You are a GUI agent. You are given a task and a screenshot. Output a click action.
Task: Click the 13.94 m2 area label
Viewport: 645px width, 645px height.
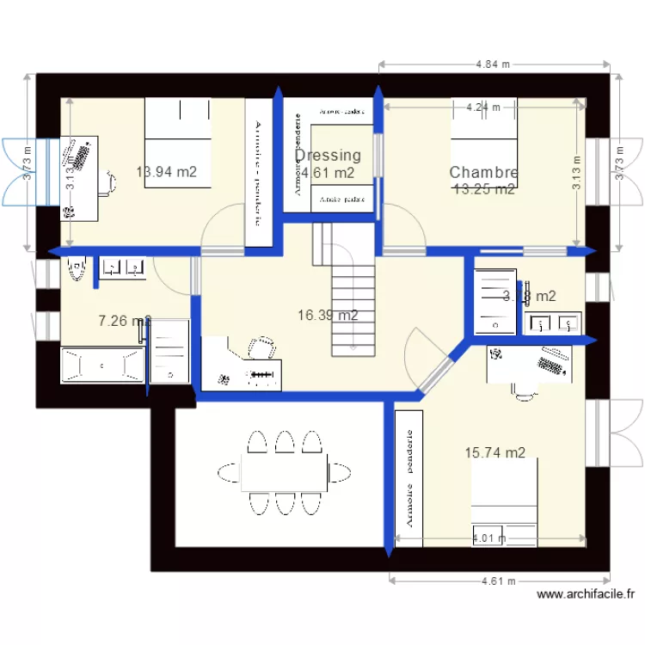click(x=166, y=172)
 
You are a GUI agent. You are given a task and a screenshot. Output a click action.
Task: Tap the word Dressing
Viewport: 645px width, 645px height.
click(x=328, y=156)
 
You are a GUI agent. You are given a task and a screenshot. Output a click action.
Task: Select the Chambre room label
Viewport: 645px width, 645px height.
click(x=483, y=173)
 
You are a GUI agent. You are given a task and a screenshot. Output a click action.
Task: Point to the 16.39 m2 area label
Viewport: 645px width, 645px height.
click(x=328, y=316)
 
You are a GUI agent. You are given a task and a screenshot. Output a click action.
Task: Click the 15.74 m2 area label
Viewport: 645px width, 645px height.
click(x=494, y=452)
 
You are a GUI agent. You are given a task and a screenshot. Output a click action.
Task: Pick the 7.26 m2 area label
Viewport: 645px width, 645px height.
click(x=124, y=322)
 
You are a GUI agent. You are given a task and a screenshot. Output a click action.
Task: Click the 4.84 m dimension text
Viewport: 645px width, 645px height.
click(x=493, y=64)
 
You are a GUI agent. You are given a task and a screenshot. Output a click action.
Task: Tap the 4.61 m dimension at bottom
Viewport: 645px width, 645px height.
click(x=499, y=580)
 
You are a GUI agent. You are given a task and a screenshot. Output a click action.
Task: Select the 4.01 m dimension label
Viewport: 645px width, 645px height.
click(x=489, y=539)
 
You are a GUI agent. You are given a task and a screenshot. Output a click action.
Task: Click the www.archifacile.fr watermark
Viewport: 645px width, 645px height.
click(x=586, y=593)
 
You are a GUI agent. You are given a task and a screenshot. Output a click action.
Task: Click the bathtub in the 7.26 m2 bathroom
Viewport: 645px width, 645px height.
click(x=101, y=365)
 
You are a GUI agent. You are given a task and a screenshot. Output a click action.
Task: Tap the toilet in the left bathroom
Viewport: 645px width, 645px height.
click(x=76, y=269)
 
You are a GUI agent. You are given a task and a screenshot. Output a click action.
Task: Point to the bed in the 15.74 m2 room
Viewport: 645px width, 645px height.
click(x=504, y=503)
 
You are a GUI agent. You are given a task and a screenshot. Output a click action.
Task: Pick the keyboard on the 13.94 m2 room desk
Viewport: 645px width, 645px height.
click(x=83, y=156)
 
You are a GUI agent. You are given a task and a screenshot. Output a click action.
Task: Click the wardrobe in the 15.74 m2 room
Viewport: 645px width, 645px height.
click(x=409, y=478)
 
